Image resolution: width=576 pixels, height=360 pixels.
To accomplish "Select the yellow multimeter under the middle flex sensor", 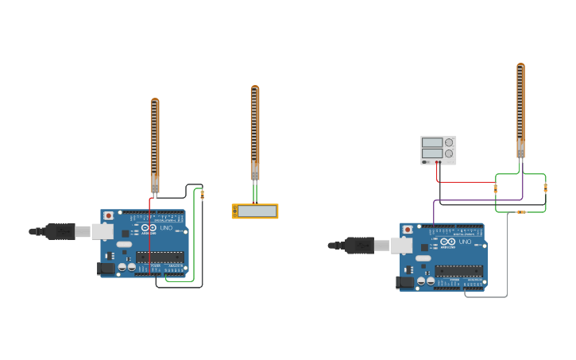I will click(255, 211).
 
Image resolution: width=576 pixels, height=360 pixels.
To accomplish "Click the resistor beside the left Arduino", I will click(202, 194).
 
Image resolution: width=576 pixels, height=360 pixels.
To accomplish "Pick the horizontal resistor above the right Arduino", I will click(521, 212).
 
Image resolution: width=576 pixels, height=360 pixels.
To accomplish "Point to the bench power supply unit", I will click(439, 150).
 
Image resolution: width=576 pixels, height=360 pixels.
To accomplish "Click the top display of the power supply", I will click(432, 142).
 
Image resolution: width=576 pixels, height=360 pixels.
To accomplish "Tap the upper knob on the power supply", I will click(450, 142).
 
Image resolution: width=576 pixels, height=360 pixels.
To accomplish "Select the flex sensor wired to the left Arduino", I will click(155, 143).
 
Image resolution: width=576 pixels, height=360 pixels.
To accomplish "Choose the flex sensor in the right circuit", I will click(520, 107).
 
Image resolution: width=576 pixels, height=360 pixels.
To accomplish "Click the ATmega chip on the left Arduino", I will click(160, 257).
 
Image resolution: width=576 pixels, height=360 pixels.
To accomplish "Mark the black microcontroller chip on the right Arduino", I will click(459, 270).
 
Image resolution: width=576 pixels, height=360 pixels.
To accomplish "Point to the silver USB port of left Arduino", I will click(102, 231).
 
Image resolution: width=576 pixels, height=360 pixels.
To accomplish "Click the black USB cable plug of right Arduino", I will click(359, 246).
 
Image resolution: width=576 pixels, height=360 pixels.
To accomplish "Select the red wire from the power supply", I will click(465, 181).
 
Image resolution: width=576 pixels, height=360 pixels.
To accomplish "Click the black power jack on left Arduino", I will click(106, 269).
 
